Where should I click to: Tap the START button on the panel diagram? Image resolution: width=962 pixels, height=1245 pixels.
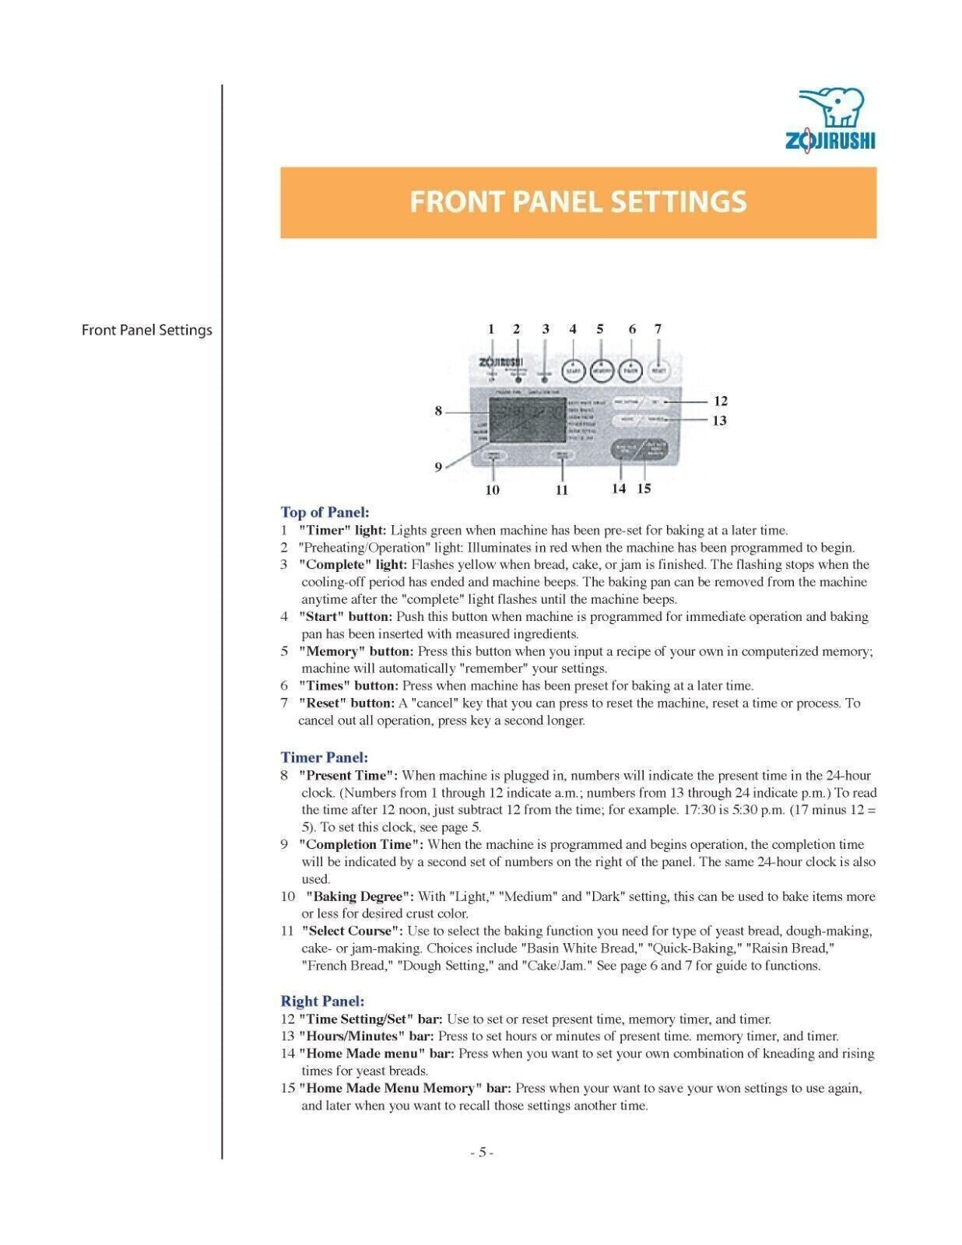[x=573, y=371]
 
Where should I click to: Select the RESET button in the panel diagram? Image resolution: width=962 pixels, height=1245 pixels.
[x=658, y=371]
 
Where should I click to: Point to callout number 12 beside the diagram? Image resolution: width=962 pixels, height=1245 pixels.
[x=721, y=402]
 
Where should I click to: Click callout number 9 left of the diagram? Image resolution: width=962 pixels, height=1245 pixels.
[x=438, y=467]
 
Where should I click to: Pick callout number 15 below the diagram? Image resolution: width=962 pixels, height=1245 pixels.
[x=644, y=489]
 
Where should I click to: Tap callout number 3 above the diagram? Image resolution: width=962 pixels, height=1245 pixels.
[x=546, y=329]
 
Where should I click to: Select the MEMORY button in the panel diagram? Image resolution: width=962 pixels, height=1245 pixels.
[x=601, y=371]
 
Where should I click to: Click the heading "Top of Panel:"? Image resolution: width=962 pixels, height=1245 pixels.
[x=325, y=512]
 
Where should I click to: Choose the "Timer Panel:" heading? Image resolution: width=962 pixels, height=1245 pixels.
[x=325, y=757]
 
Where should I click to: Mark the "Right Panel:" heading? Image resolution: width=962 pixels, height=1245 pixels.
[x=322, y=1001]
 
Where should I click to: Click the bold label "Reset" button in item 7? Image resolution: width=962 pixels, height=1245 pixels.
[x=346, y=703]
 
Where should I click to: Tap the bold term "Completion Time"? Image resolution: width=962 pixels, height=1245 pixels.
[x=361, y=844]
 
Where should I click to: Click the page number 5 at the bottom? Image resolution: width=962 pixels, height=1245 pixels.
[x=482, y=1152]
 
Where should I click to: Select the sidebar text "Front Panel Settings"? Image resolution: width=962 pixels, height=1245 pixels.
[x=147, y=330]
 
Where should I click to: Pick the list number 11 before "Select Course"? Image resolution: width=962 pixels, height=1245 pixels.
[x=288, y=931]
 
